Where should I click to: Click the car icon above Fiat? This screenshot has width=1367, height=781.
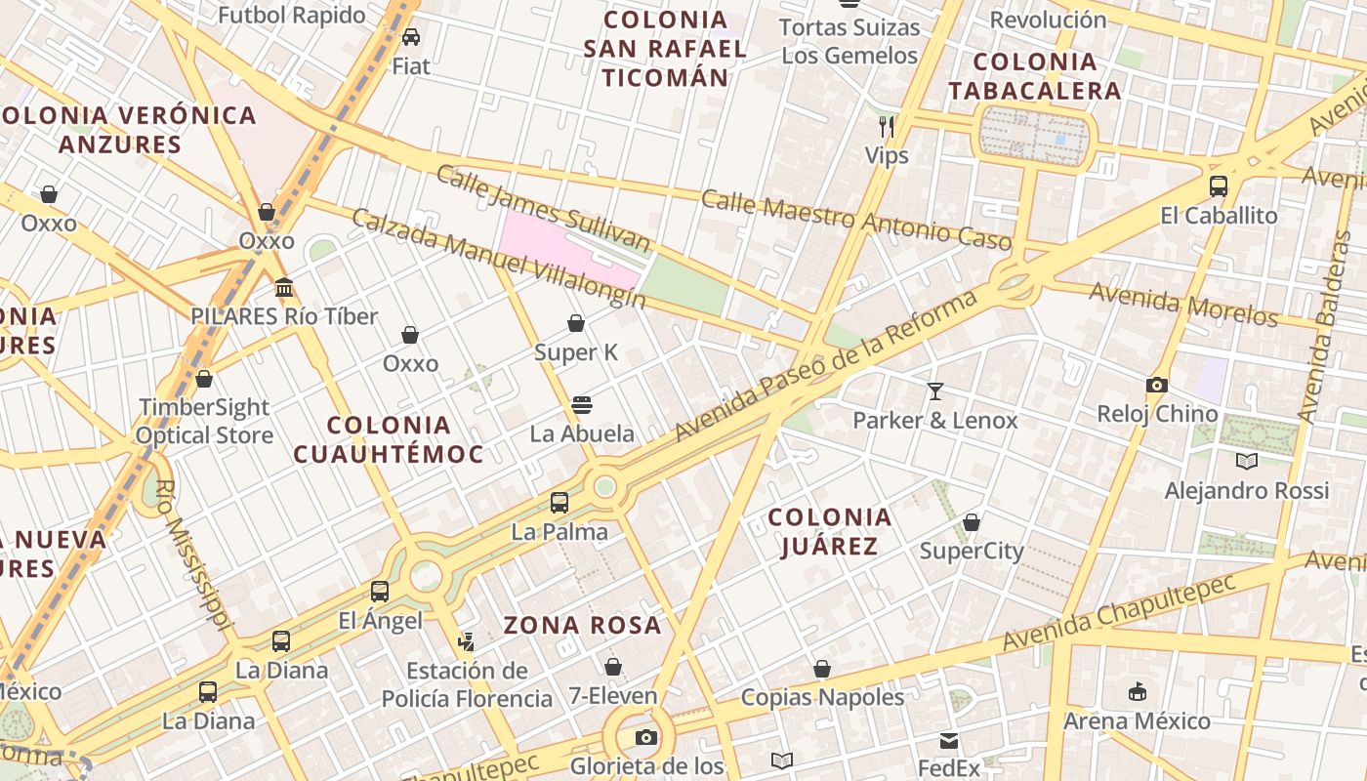tap(411, 37)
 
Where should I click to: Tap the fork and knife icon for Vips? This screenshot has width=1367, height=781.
tap(887, 126)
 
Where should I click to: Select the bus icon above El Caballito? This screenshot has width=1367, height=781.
tap(1218, 185)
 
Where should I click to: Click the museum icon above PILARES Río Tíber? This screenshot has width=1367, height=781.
tap(284, 287)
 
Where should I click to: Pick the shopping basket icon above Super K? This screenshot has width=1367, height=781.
tap(576, 323)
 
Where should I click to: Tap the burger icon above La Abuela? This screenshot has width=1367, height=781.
tap(582, 404)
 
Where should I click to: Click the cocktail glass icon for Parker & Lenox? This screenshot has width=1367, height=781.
tap(935, 391)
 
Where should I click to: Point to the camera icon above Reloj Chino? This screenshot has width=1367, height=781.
tap(1157, 385)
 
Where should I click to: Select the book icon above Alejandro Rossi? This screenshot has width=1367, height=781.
tap(1246, 461)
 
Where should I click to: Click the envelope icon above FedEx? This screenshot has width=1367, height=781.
tap(949, 740)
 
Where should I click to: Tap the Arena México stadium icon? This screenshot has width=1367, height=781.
tap(1137, 692)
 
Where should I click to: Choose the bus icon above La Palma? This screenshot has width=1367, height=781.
tap(559, 503)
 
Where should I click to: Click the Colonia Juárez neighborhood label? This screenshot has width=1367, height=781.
tap(829, 531)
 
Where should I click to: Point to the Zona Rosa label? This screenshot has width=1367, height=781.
tap(582, 626)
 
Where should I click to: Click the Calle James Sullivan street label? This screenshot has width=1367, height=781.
tap(543, 208)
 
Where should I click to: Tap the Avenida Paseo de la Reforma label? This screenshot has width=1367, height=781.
tap(825, 365)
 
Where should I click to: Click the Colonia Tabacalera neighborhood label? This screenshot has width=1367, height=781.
tap(1035, 76)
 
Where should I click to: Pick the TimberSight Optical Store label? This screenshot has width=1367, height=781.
tap(204, 421)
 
